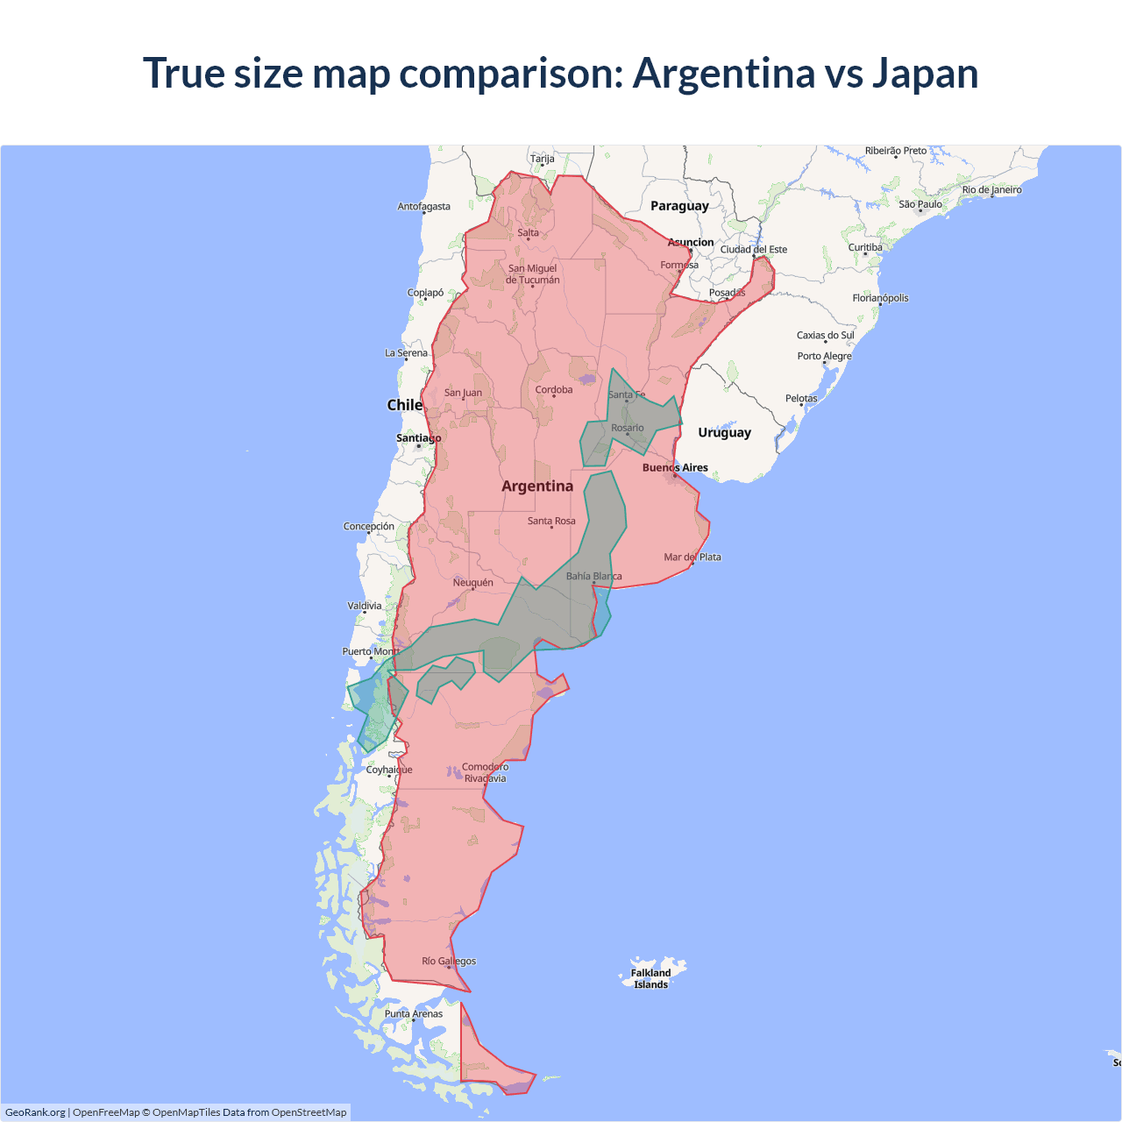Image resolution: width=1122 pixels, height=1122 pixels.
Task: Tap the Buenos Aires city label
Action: (x=675, y=468)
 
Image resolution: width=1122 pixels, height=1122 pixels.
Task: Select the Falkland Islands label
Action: (x=650, y=978)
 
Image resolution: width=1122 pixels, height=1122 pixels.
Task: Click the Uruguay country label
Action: (x=724, y=432)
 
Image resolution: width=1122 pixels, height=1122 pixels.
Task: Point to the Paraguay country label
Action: (x=679, y=206)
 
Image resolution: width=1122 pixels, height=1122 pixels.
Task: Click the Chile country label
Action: (x=404, y=405)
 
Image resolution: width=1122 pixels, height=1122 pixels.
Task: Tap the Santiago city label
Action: (x=418, y=438)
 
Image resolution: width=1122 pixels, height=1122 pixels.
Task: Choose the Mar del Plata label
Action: (x=692, y=557)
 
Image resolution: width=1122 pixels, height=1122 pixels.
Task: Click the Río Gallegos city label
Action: (x=449, y=962)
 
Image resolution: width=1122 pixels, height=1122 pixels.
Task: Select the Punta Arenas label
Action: (x=414, y=1014)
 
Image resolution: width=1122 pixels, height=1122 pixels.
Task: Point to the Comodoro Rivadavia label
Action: (x=485, y=772)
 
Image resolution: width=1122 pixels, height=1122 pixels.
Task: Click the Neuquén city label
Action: (x=472, y=583)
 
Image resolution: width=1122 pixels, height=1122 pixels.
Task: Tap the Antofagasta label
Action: (x=423, y=207)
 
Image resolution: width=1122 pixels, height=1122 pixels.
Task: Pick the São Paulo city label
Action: (x=920, y=204)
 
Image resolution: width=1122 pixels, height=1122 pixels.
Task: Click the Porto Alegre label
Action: (x=824, y=357)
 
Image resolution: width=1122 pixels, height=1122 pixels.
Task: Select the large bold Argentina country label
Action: (x=537, y=486)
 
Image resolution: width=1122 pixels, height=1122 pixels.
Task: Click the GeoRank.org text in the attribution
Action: (x=35, y=1112)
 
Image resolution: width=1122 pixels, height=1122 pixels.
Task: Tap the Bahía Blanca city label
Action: (x=593, y=577)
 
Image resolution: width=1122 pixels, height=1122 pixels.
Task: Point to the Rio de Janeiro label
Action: (x=991, y=190)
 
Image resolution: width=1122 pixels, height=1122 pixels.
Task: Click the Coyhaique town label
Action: (x=389, y=770)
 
